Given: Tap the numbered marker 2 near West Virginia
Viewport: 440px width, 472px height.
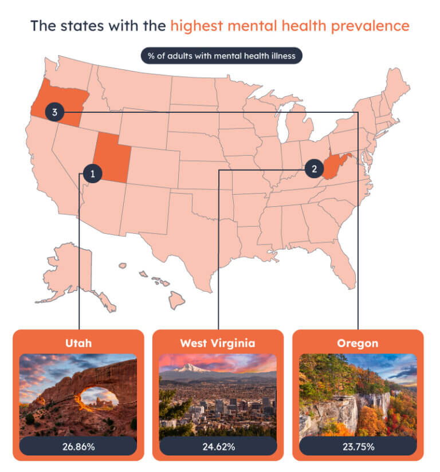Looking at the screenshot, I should click(x=314, y=168).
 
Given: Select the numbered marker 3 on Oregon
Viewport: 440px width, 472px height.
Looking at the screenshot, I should click(x=54, y=112).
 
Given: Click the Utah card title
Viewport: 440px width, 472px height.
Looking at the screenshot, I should click(x=78, y=343).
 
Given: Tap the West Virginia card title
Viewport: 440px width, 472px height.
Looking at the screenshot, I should click(x=218, y=343).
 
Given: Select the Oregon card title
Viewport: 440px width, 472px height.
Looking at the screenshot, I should click(x=358, y=343).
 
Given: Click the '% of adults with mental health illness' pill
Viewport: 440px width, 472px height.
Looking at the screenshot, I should click(x=222, y=56).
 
